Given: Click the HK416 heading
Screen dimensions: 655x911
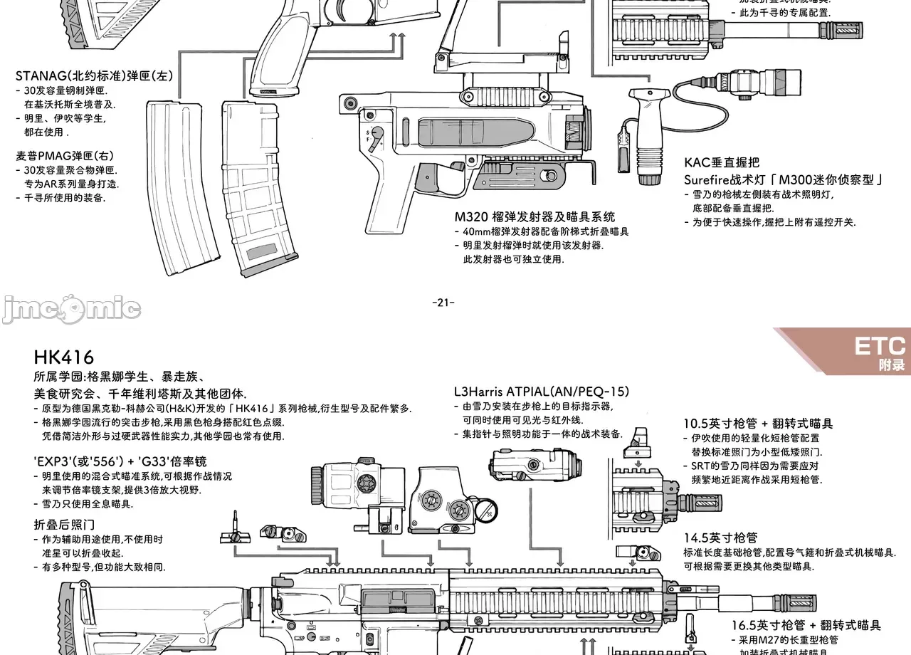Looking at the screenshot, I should click(64, 357).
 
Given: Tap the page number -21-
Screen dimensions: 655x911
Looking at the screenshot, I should click(443, 303).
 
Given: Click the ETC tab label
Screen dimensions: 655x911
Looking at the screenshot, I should click(880, 347).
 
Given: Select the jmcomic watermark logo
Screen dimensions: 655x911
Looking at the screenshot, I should click(71, 309).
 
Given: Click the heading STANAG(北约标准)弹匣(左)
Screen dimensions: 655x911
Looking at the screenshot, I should click(95, 75).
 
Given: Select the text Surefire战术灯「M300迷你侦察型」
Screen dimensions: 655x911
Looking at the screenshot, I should click(784, 179).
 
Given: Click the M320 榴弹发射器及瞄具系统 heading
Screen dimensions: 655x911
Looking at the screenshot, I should click(535, 216).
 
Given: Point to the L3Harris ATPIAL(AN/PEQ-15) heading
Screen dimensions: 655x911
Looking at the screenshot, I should click(541, 391).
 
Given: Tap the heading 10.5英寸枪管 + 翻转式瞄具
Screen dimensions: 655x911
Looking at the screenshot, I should click(758, 423).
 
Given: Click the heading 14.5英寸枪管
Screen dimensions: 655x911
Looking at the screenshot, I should click(720, 538).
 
